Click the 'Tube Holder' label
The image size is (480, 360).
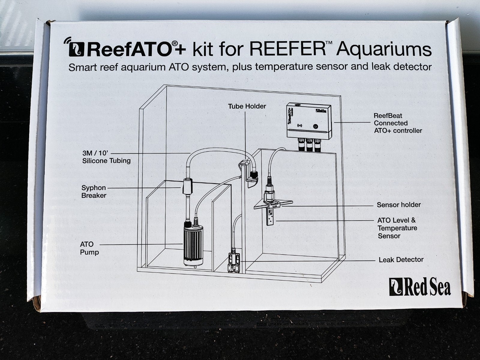247,106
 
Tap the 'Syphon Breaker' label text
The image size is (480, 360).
94,192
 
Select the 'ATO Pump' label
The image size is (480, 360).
89,248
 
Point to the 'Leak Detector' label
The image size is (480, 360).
401,260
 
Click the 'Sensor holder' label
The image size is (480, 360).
399,205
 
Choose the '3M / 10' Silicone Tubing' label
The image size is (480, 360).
106,157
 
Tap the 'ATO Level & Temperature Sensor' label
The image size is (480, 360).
397,228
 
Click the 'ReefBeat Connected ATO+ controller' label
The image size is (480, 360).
398,123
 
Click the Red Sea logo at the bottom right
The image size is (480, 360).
420,287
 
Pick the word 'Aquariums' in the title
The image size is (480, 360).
384,50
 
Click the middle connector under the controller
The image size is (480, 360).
309,144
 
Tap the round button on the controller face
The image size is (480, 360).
316,126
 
